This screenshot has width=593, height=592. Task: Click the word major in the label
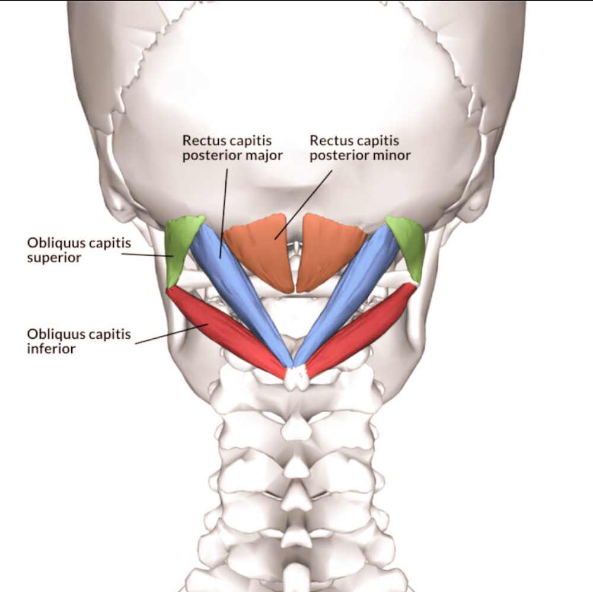click(264, 156)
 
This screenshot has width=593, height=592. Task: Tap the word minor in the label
click(391, 156)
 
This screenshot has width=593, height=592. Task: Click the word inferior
click(51, 349)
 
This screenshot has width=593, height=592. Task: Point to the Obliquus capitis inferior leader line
click(172, 333)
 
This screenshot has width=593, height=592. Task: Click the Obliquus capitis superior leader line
click(147, 255)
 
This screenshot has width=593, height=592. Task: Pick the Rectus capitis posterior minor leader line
click(303, 204)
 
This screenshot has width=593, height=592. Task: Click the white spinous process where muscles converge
click(298, 378)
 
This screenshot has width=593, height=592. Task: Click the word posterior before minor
click(339, 156)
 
